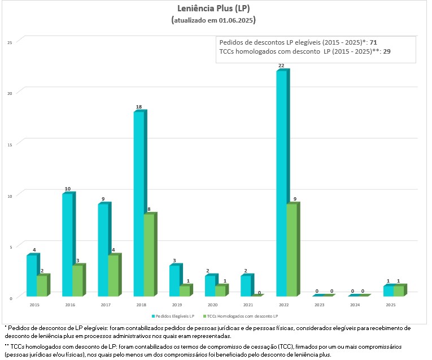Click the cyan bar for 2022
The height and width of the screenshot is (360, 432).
pos(281,184)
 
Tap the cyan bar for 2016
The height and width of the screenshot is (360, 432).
pos(67,245)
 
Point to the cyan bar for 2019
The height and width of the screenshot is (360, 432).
pos(174,280)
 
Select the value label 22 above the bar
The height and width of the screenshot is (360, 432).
pos(281,66)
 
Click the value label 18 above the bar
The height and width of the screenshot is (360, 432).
pos(138,107)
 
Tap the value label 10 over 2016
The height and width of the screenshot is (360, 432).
pos(67,189)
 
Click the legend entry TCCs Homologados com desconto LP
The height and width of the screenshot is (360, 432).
pos(246,315)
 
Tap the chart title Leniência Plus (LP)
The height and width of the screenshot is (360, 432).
pos(214,8)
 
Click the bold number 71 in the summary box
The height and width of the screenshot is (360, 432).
pos(374,42)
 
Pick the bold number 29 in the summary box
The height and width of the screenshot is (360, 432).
pos(387,51)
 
